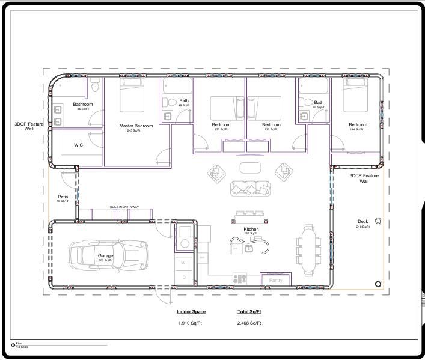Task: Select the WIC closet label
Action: [x=78, y=145]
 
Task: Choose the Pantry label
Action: [x=276, y=280]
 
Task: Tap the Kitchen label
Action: [x=251, y=230]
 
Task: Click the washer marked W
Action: [x=184, y=263]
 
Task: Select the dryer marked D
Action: [x=184, y=278]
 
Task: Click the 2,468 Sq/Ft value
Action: [x=249, y=323]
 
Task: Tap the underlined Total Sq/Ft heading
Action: [x=249, y=312]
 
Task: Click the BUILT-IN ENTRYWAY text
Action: [x=124, y=207]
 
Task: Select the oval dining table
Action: [x=309, y=249]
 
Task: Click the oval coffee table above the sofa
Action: [x=251, y=167]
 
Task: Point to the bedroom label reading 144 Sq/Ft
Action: [x=358, y=127]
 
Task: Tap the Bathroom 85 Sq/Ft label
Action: [x=83, y=106]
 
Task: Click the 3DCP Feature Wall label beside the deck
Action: [x=364, y=178]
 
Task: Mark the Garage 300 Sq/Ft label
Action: [x=105, y=257]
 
